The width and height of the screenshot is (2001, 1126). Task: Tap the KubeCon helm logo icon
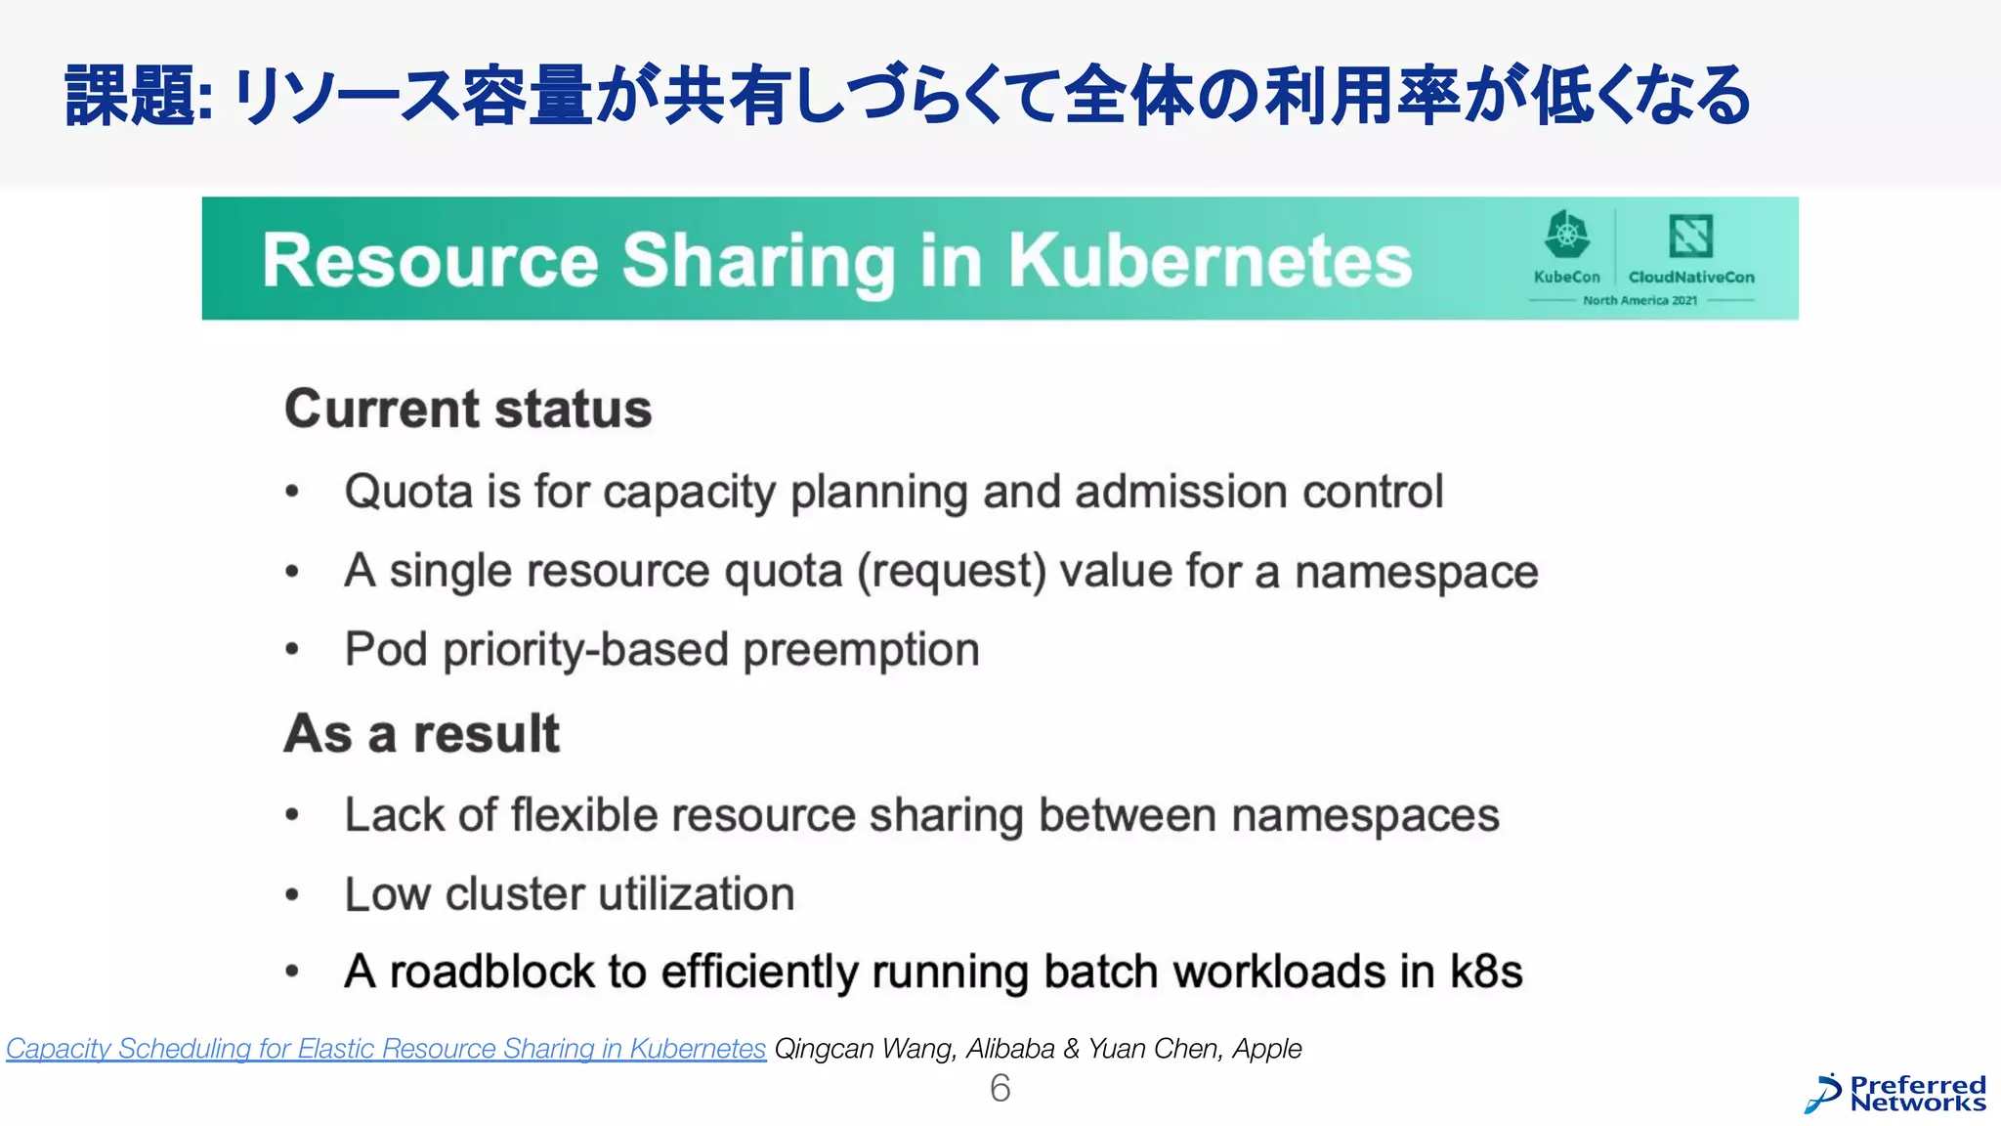(x=1566, y=236)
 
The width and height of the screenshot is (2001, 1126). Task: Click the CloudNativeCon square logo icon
(x=1690, y=236)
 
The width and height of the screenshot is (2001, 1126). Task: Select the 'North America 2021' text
(x=1639, y=300)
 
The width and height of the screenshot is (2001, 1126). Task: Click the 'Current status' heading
(x=468, y=409)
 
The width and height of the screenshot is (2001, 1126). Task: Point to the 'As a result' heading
(x=421, y=733)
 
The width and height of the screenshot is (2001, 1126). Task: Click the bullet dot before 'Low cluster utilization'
(x=292, y=894)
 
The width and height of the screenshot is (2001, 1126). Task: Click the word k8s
(x=1485, y=972)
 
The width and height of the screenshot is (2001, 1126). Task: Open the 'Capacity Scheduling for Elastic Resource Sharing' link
(x=385, y=1049)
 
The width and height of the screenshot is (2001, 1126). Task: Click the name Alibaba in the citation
(x=1010, y=1049)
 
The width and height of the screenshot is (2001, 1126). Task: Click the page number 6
(x=1000, y=1088)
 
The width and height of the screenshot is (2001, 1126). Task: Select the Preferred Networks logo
(x=1895, y=1094)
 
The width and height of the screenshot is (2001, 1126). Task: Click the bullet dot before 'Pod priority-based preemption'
(x=292, y=650)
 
